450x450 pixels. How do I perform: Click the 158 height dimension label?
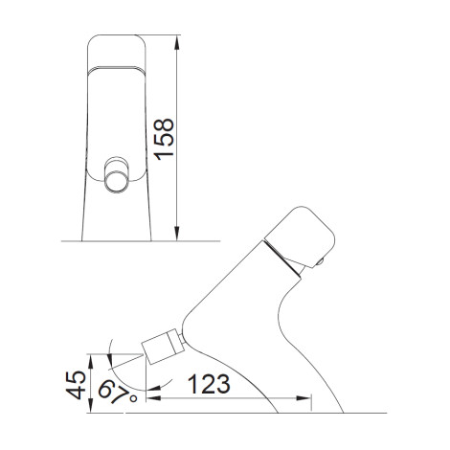coord(165,139)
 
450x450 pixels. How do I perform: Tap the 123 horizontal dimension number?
coord(209,384)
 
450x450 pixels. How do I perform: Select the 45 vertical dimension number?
coord(76,385)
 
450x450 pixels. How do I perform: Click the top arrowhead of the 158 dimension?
coord(177,42)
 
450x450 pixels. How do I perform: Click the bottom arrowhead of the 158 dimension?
coord(177,234)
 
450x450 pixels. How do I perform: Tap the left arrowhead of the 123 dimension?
coord(153,398)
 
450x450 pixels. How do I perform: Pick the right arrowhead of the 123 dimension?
coord(303,398)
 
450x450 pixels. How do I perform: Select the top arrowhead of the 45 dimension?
coord(91,361)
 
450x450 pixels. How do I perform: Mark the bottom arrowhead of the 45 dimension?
coord(91,405)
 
